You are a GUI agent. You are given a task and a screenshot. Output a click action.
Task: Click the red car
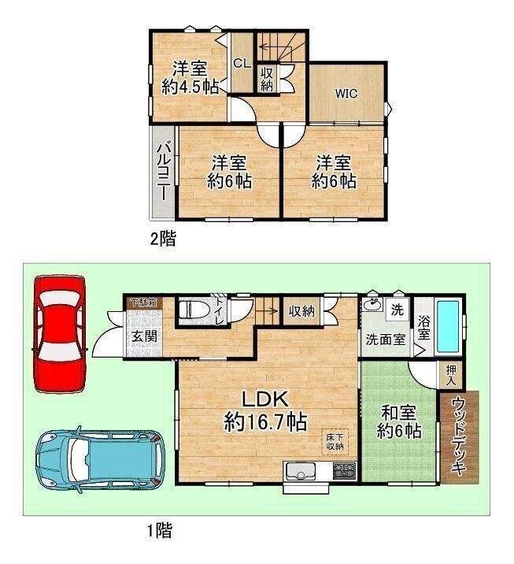coord(60,335)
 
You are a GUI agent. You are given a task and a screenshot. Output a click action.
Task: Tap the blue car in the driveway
coord(100,460)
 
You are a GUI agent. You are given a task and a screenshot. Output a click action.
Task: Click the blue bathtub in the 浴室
coord(448,326)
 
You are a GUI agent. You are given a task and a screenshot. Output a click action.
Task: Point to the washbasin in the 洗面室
coord(373,305)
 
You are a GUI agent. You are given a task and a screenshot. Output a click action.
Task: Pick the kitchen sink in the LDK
coord(300,470)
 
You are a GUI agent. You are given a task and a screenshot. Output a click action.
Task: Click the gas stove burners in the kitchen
coord(344,470)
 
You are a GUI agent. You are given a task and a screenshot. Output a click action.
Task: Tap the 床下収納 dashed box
coord(335,442)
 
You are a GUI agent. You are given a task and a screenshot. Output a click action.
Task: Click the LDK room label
coord(265,399)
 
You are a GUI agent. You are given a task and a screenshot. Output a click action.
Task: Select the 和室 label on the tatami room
coord(398,413)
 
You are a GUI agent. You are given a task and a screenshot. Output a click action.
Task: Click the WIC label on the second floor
coord(346,94)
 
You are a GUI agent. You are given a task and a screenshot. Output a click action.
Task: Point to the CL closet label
coord(242,64)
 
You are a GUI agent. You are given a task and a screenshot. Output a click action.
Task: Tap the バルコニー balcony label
coord(164,171)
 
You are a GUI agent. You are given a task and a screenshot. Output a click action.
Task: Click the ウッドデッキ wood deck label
coord(459,436)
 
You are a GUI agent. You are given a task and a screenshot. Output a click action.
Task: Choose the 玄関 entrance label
coord(144,336)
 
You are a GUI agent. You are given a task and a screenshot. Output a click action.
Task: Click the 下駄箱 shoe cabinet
coord(143,302)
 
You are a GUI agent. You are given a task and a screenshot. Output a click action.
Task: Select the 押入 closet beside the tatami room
coord(451,375)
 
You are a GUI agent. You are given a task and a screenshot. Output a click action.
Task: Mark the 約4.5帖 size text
coord(190,87)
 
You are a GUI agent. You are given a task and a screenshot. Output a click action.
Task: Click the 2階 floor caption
coord(163,239)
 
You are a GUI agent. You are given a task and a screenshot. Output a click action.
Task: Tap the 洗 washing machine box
coord(397,309)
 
